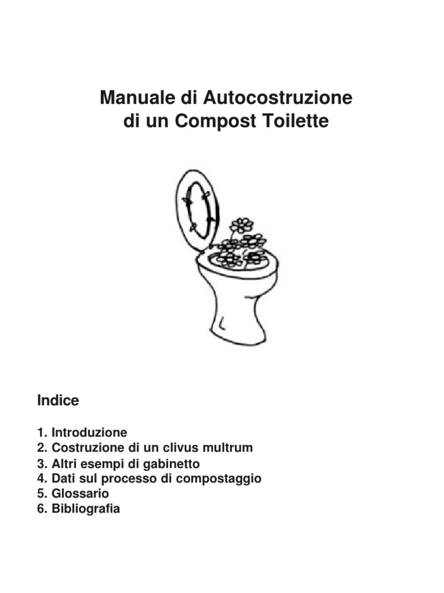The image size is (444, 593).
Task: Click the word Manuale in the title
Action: click(x=138, y=97)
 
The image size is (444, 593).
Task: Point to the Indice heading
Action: click(x=58, y=400)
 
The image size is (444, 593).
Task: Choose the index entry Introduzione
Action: click(x=89, y=432)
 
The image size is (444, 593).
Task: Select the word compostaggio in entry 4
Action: click(x=219, y=479)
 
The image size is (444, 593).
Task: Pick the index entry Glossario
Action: click(x=80, y=493)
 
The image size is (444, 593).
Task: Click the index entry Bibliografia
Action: click(x=86, y=508)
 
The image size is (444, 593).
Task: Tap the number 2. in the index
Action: click(x=42, y=448)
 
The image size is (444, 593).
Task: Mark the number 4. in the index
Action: click(x=42, y=478)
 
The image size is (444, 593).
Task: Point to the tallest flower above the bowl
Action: click(x=242, y=225)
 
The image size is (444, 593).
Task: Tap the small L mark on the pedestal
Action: click(x=222, y=324)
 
